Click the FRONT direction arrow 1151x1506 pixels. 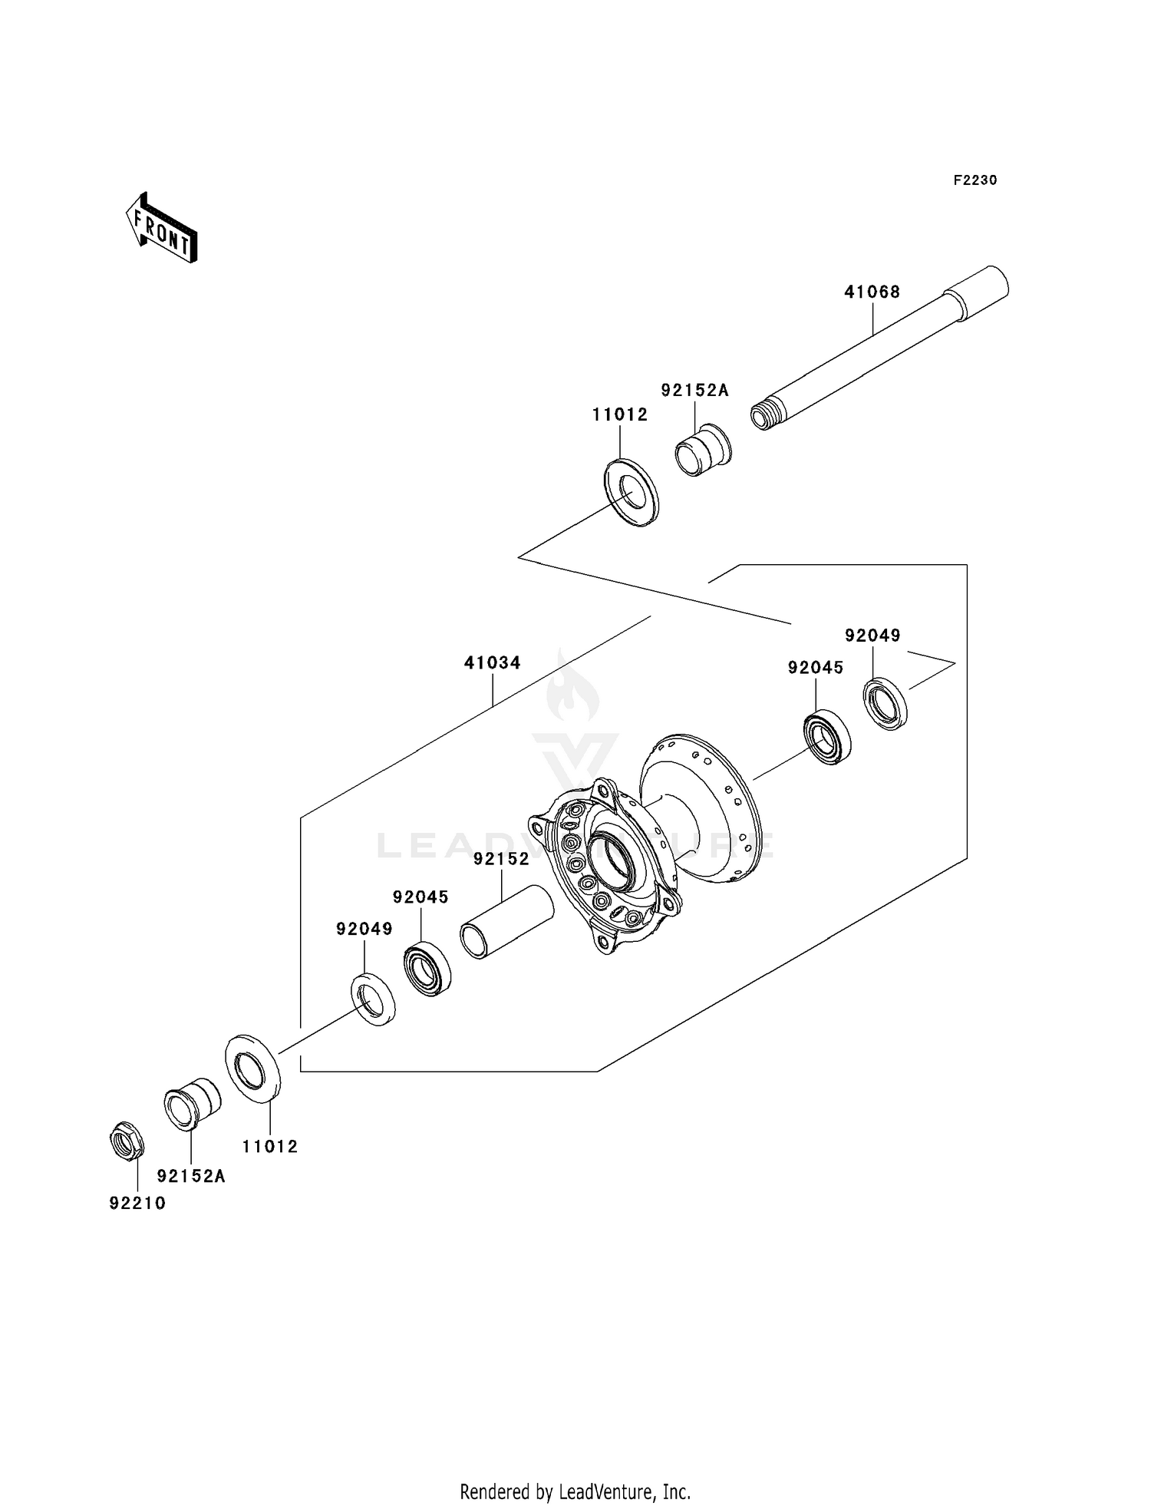tap(162, 228)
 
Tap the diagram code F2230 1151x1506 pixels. tap(975, 180)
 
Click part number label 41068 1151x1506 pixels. tap(872, 292)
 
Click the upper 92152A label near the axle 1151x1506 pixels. tap(694, 390)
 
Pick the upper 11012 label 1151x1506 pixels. tap(620, 414)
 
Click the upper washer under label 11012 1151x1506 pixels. tap(631, 492)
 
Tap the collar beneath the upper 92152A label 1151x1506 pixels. tap(702, 449)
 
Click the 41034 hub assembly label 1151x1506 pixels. tap(492, 662)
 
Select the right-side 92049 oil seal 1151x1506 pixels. tap(886, 703)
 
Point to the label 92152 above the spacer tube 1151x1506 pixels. tap(501, 859)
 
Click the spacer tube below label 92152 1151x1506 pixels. tap(506, 921)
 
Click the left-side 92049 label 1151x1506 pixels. tap(364, 929)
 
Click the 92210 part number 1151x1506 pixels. tap(137, 1203)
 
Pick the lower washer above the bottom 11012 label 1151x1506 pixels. tap(252, 1067)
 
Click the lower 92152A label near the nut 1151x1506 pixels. tap(191, 1176)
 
